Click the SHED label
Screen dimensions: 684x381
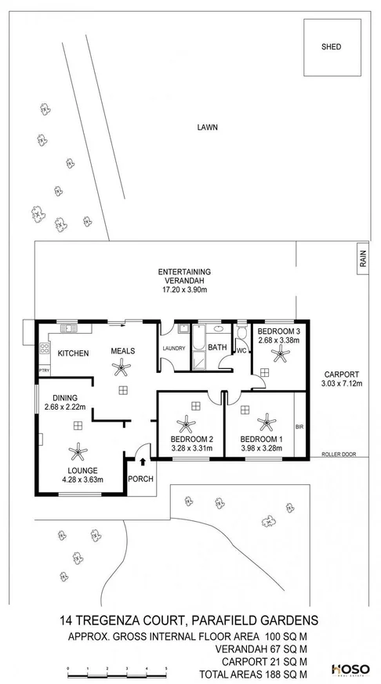coord(332,47)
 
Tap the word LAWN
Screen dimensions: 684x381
coord(207,126)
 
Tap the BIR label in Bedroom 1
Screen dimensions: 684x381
coord(299,428)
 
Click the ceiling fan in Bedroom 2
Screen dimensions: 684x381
coord(188,425)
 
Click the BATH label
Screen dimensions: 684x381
coord(217,347)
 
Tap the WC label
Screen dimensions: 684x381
coord(241,349)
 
